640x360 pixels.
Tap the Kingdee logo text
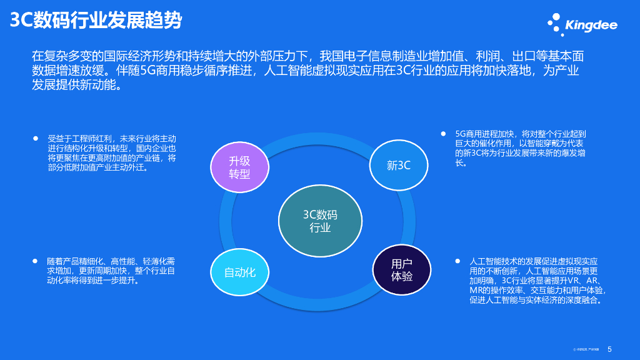591,26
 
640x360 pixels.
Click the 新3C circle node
399,166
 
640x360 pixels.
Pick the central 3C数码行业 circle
320,221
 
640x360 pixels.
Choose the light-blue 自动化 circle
240,272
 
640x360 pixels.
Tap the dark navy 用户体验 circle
402,270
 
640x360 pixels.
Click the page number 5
609,350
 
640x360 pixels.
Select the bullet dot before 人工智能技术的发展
457,260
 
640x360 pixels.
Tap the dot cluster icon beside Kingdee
555,25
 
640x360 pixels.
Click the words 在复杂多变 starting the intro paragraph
58,56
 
